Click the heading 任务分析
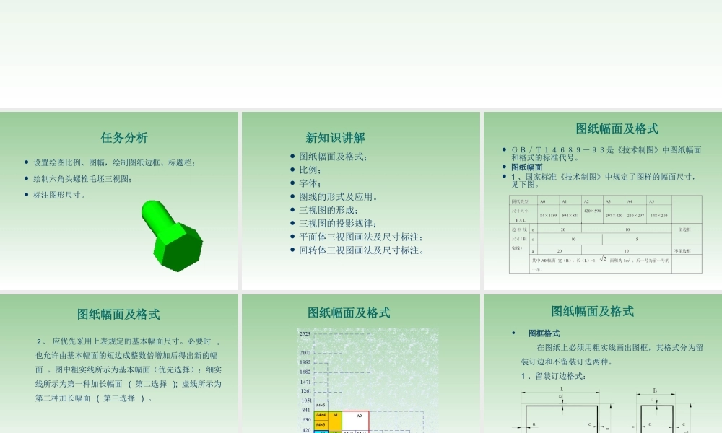pos(124,138)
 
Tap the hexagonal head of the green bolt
pos(178,246)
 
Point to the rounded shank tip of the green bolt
pos(151,211)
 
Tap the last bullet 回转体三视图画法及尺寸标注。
pos(362,250)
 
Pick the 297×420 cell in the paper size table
pos(614,215)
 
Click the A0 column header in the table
pos(544,201)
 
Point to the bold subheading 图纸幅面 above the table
pos(527,167)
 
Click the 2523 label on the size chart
pos(305,334)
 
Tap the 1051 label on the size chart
pos(305,401)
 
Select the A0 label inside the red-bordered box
pos(359,416)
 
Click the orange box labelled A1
pos(335,416)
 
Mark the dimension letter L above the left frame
pos(561,389)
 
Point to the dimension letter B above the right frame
pos(655,390)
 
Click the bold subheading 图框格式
pos(544,333)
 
